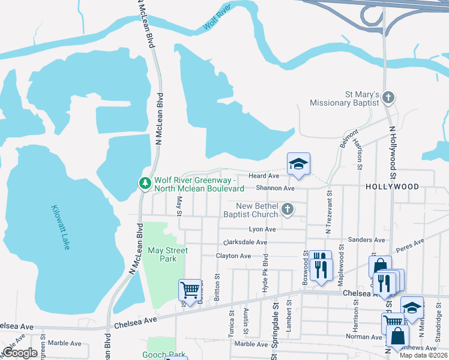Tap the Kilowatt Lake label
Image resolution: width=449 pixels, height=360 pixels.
(x=61, y=227)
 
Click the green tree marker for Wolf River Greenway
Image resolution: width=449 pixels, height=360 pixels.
(x=144, y=184)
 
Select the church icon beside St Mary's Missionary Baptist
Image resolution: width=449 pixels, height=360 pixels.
(x=389, y=97)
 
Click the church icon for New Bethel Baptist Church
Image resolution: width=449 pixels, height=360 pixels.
(x=288, y=210)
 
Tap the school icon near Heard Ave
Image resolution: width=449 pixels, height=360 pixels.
(x=298, y=164)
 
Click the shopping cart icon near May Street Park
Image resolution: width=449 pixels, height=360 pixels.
(x=190, y=290)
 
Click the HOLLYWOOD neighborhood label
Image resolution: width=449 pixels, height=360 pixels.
(x=392, y=187)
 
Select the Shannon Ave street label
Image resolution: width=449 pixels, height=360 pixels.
(x=276, y=188)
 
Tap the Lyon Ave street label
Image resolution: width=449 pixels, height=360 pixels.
(x=262, y=229)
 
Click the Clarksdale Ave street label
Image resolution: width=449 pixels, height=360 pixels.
(x=245, y=242)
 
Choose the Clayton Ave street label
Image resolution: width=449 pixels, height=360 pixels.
(x=234, y=256)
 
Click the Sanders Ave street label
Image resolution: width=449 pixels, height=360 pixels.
(x=366, y=239)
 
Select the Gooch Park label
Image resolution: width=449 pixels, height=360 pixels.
(x=164, y=355)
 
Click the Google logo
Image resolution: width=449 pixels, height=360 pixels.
(x=20, y=353)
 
